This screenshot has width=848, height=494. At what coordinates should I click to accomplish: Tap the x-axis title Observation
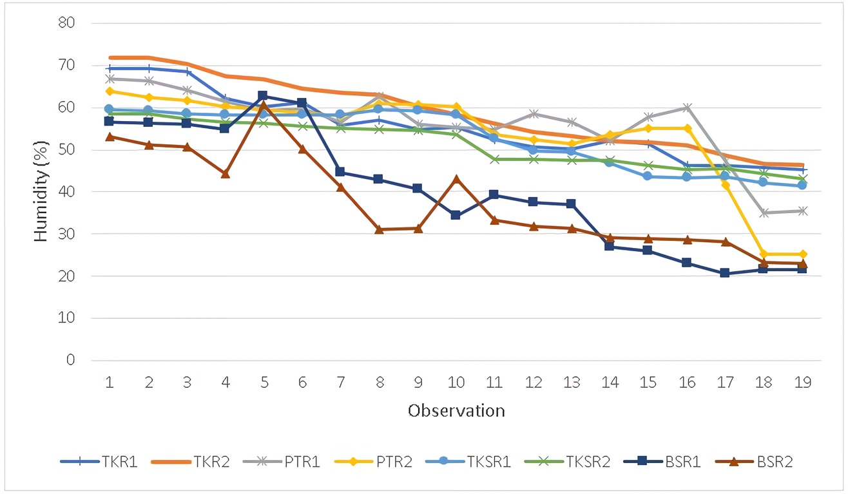[x=456, y=410]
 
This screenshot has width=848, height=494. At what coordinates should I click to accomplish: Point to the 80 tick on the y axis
[x=68, y=23]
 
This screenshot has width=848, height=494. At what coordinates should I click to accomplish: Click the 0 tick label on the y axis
[x=71, y=360]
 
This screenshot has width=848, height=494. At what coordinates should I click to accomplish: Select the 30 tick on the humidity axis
[x=68, y=234]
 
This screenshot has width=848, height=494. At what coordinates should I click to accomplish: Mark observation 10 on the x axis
[x=456, y=382]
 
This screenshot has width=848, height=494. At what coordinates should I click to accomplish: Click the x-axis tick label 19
[x=802, y=382]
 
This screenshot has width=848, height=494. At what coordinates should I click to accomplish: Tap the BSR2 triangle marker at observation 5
[x=264, y=104]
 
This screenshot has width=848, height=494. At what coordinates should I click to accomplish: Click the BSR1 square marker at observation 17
[x=725, y=273]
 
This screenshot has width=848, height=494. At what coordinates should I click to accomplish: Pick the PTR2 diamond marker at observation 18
[x=764, y=254]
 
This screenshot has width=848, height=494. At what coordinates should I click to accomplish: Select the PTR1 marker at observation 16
[x=687, y=108]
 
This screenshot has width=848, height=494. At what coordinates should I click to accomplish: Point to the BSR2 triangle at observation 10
[x=456, y=178]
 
